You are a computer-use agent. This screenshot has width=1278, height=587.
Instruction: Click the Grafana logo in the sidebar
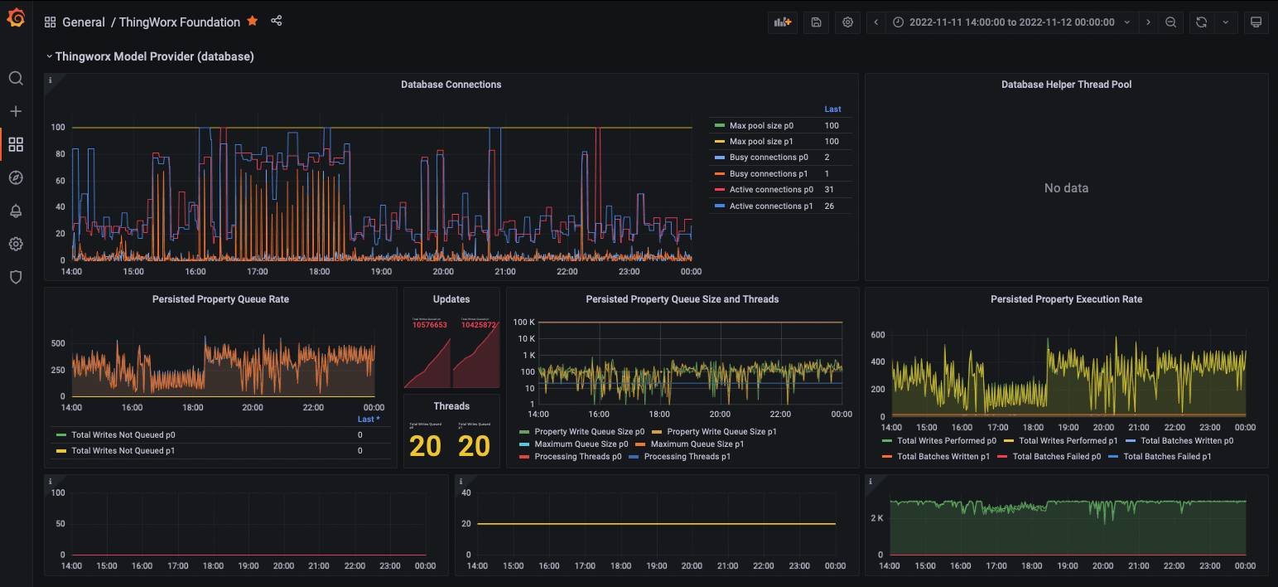16,17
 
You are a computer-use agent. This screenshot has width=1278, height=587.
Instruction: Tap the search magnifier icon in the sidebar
16,79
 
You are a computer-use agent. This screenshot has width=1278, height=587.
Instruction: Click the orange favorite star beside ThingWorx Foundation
253,22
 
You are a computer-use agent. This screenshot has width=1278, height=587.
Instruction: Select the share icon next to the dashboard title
277,22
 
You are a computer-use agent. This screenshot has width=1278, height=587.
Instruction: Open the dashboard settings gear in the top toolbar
847,22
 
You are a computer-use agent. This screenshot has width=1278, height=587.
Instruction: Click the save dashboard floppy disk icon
816,22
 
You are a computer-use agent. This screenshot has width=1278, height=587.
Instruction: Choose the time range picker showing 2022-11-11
1011,22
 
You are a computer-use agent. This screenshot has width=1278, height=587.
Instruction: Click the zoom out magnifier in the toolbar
1170,22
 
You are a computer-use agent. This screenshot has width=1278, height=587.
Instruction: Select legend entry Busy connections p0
768,158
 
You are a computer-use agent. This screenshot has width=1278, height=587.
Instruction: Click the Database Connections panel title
451,85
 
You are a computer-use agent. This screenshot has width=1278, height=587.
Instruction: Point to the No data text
1066,188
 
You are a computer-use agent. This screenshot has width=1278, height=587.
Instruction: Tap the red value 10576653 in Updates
430,325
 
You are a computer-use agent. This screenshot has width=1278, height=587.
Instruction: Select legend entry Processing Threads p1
687,457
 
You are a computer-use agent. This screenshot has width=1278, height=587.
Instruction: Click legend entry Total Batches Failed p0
1055,457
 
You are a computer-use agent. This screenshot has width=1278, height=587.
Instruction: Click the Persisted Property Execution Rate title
1066,299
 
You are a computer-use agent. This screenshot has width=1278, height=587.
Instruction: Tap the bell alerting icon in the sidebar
16,211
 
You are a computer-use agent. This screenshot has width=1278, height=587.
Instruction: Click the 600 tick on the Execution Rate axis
878,335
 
